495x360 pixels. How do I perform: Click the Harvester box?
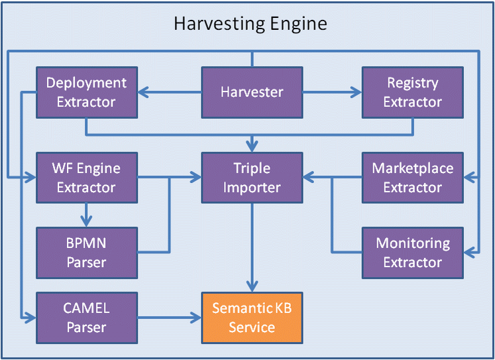coord(252,92)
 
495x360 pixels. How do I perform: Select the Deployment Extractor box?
coord(87,92)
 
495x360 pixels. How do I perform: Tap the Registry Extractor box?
coord(412,92)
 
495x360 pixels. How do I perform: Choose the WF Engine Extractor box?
coord(87,178)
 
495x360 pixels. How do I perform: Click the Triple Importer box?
coord(252,178)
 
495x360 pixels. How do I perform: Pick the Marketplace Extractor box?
coord(412,178)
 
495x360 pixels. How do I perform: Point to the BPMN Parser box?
coord(87,253)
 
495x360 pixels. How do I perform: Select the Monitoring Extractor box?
coord(412,253)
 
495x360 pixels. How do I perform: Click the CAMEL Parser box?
coord(87,318)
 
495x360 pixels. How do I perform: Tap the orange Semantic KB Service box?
coord(252,318)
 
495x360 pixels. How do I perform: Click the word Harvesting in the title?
coord(211,25)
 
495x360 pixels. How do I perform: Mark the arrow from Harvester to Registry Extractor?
coord(331,93)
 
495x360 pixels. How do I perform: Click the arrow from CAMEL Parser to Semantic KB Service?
coord(170,318)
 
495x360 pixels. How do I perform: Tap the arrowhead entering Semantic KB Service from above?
coord(252,286)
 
